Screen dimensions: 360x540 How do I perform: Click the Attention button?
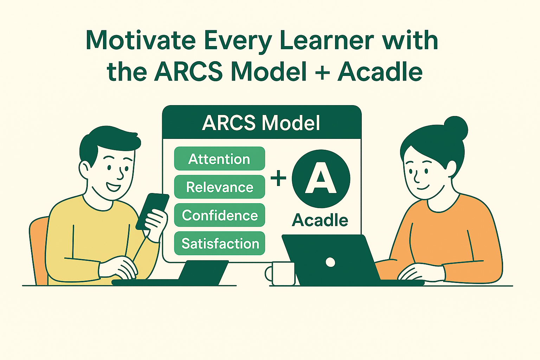219,159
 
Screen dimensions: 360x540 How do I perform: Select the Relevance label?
219,187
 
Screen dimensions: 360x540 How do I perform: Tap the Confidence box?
219,215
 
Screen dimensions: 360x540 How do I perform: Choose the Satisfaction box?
219,243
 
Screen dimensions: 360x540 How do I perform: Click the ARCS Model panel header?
262,123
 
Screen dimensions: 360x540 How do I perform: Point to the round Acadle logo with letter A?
321,179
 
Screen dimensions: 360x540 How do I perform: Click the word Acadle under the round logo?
320,220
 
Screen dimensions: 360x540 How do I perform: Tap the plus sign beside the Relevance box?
278,178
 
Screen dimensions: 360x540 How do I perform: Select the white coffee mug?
283,274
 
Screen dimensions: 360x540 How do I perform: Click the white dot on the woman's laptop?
330,262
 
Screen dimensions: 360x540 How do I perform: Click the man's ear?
85,170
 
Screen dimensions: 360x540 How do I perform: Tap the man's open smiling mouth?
113,186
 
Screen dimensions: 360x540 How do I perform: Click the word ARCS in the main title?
188,72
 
